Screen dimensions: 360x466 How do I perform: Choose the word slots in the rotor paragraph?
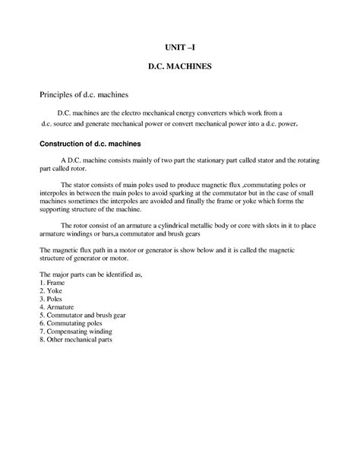[278, 224]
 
